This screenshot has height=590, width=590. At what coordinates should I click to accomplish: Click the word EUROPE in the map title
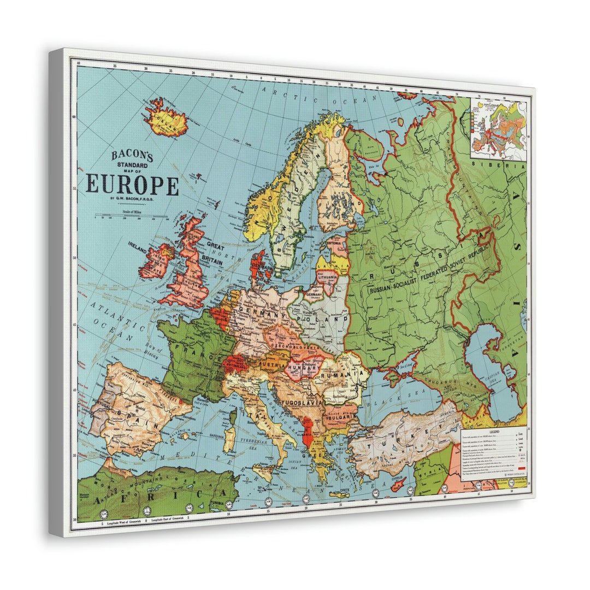[x=132, y=185]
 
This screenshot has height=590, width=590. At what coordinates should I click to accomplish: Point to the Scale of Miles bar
[x=131, y=216]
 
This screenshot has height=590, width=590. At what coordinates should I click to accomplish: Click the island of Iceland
[x=166, y=119]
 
